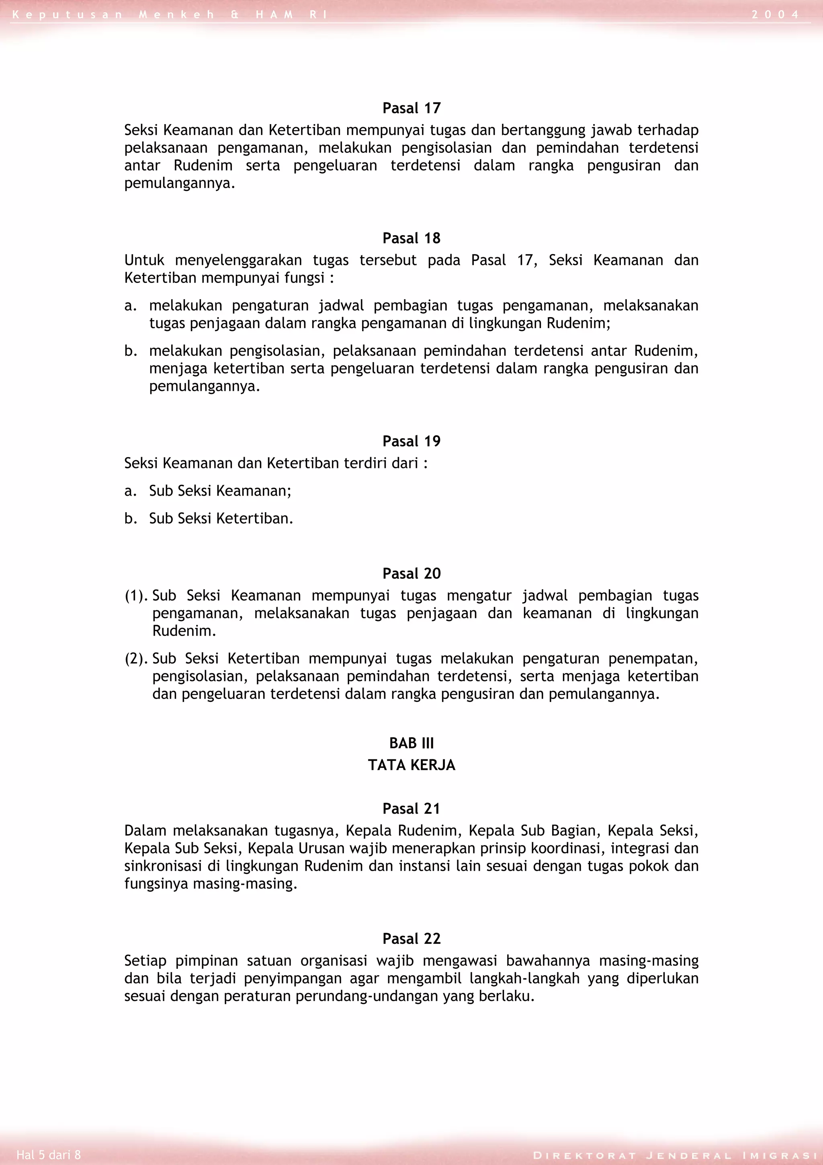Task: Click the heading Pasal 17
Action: pyautogui.click(x=411, y=108)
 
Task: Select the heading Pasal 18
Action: pyautogui.click(x=411, y=238)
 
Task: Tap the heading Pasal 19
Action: pyautogui.click(x=411, y=441)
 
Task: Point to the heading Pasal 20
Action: pyautogui.click(x=411, y=573)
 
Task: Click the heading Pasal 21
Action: pyautogui.click(x=411, y=808)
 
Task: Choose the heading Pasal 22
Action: pyautogui.click(x=411, y=939)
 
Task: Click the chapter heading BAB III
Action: pyautogui.click(x=411, y=743)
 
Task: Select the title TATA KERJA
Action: pyautogui.click(x=411, y=765)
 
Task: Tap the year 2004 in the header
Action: pyautogui.click(x=775, y=15)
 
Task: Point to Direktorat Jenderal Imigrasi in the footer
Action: pyautogui.click(x=674, y=1156)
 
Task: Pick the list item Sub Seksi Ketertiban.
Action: pyautogui.click(x=221, y=519)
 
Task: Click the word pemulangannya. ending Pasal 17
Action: pyautogui.click(x=180, y=183)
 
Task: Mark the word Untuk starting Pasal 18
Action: pyautogui.click(x=144, y=260)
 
